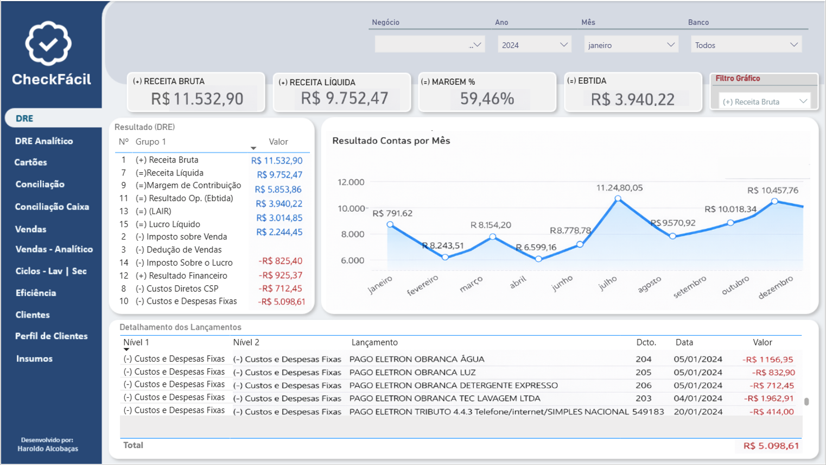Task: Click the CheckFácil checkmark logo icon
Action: (x=48, y=43)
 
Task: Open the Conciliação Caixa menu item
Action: (x=52, y=206)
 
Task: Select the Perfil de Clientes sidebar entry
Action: (x=51, y=336)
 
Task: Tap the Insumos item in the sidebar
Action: (x=34, y=359)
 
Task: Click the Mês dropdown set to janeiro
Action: (x=631, y=45)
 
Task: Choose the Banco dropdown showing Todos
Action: (x=746, y=45)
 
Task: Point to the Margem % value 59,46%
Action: (x=487, y=99)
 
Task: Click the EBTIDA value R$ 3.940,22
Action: (x=632, y=99)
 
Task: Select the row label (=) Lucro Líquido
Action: (x=168, y=224)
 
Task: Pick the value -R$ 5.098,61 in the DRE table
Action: (x=281, y=301)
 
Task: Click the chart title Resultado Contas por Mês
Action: (x=391, y=141)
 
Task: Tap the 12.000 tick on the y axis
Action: (x=351, y=182)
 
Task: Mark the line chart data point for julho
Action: (x=618, y=199)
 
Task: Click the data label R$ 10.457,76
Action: (x=772, y=190)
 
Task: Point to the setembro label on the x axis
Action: (x=690, y=287)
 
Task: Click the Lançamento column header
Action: (x=374, y=342)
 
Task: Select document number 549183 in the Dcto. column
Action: (x=648, y=412)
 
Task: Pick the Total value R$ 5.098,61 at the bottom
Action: (x=771, y=445)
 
